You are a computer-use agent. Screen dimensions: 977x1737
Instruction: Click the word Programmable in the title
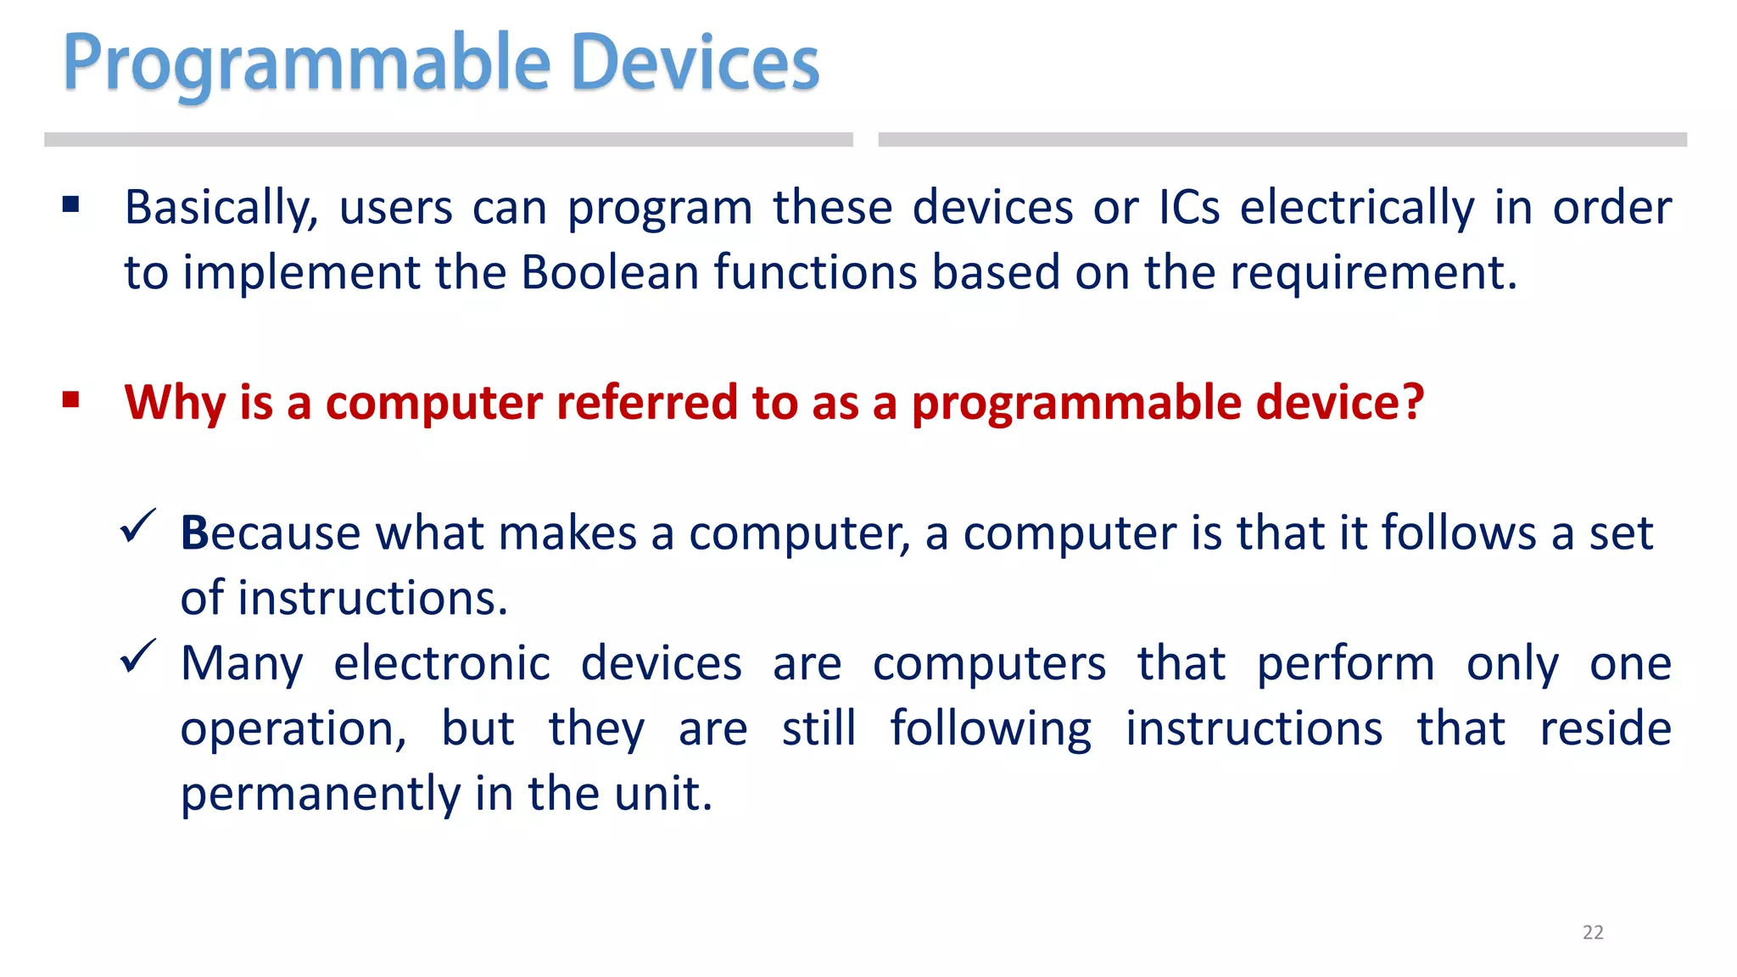point(307,64)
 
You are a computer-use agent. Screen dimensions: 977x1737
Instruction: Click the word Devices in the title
point(695,64)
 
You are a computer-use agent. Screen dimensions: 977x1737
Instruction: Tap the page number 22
point(1593,932)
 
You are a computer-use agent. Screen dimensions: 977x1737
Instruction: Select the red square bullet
point(71,399)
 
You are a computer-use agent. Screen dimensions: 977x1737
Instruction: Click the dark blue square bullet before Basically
point(71,204)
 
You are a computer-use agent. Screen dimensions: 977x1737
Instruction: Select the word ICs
point(1189,208)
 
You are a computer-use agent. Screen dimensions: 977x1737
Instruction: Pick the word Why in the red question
point(175,403)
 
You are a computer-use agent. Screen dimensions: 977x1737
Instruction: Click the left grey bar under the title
point(448,140)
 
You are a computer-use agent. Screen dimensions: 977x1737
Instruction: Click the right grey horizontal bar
point(1282,140)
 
